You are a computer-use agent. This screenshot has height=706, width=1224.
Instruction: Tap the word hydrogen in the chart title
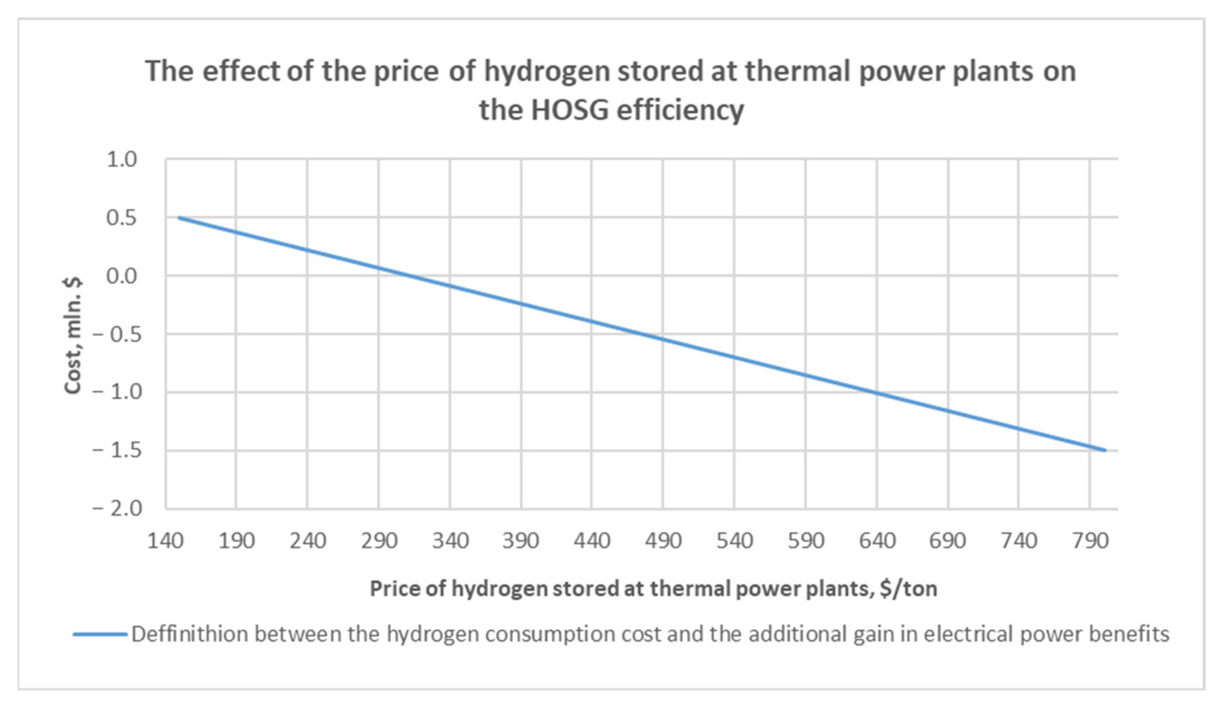pyautogui.click(x=546, y=71)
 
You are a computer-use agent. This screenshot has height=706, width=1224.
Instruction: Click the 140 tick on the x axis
pyautogui.click(x=165, y=541)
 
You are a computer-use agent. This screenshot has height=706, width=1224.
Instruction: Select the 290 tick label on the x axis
pyautogui.click(x=379, y=541)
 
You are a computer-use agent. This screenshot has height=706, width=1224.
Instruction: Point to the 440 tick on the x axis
pyautogui.click(x=592, y=541)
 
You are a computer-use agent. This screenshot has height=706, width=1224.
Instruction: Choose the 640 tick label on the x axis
pyautogui.click(x=877, y=541)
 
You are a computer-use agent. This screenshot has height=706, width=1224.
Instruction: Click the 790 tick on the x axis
pyautogui.click(x=1090, y=541)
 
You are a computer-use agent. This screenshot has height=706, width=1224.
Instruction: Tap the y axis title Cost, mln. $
pyautogui.click(x=73, y=335)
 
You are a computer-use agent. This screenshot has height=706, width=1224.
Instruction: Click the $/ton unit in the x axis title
pyautogui.click(x=908, y=589)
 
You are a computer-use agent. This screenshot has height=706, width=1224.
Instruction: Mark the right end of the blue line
pyautogui.click(x=1105, y=450)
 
